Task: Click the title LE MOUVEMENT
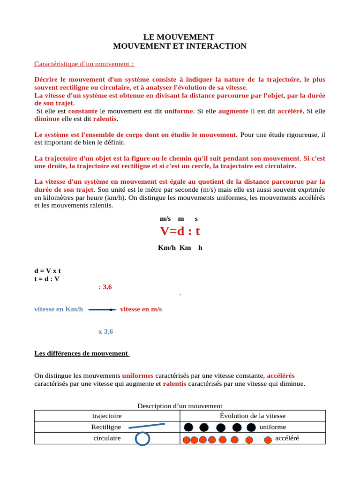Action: [180, 37]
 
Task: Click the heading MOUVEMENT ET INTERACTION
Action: [180, 46]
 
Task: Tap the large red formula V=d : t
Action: [180, 231]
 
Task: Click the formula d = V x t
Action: [48, 271]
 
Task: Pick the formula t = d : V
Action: [47, 278]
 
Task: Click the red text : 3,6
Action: [105, 287]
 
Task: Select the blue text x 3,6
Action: [105, 331]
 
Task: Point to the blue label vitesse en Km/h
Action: [59, 309]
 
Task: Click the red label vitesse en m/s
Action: [141, 309]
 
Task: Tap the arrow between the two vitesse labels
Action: [102, 310]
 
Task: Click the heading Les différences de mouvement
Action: [82, 353]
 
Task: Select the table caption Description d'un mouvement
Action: [180, 406]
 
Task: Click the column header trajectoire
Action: [107, 416]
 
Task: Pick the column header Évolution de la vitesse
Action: [253, 416]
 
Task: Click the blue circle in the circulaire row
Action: [142, 439]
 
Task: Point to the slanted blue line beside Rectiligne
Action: [147, 426]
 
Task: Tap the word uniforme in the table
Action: [272, 427]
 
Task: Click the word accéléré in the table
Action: [287, 438]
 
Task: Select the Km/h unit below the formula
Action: [166, 247]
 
